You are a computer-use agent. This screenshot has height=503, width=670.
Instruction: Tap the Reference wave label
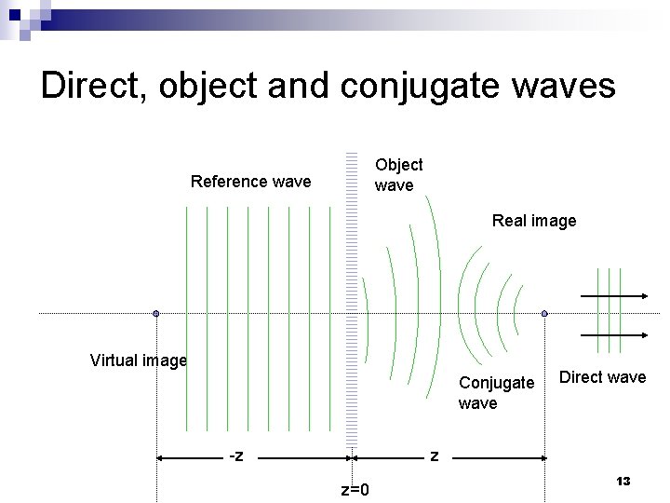(250, 182)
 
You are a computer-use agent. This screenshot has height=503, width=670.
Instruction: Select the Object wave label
(398, 175)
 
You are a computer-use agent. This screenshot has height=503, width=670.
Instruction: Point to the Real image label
(534, 221)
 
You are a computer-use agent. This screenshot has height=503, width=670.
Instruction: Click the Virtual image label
(139, 360)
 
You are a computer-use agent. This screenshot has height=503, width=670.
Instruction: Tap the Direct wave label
(602, 377)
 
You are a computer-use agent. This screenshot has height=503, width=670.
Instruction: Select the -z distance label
(236, 455)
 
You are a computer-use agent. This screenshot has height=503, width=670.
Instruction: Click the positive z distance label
(434, 455)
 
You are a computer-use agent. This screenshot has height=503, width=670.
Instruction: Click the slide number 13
(623, 481)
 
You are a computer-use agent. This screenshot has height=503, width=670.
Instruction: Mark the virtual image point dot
(156, 314)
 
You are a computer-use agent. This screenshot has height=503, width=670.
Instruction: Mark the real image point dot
(544, 314)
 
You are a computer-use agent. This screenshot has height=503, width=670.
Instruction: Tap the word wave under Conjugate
(477, 403)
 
